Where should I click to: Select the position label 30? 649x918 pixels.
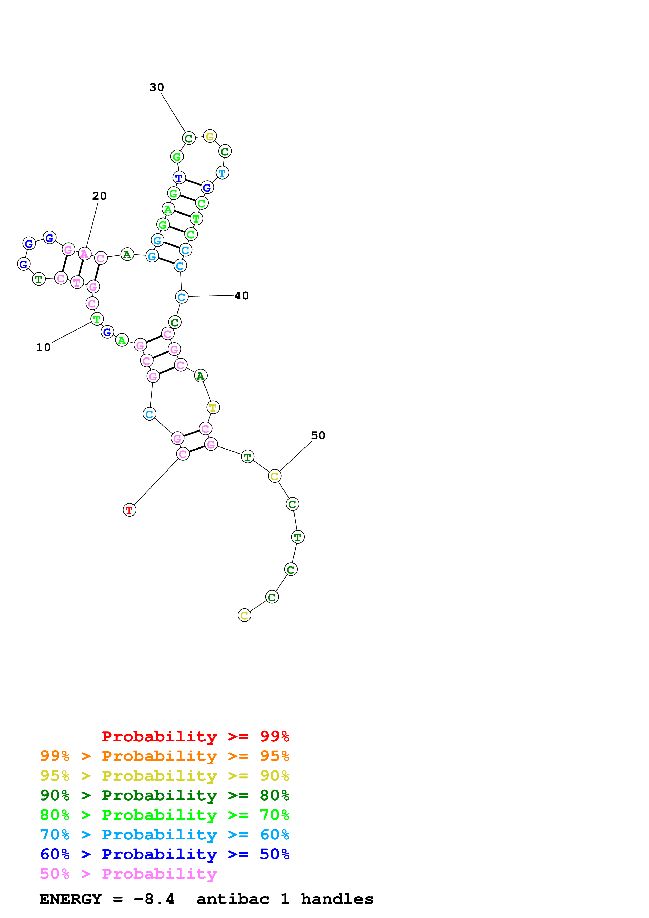(157, 87)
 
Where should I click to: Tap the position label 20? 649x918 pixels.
(99, 196)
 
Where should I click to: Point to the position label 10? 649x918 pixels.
(43, 348)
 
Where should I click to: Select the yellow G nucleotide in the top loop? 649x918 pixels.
(209, 136)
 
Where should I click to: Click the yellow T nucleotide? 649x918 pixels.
(213, 407)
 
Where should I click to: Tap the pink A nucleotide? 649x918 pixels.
(84, 254)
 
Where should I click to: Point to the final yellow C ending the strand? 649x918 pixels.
(244, 615)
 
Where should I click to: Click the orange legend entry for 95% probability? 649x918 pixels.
(164, 756)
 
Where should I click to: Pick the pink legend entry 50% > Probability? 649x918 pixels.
(128, 874)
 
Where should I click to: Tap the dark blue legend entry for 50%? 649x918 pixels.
(164, 854)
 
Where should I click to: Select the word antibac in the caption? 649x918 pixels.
(233, 899)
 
